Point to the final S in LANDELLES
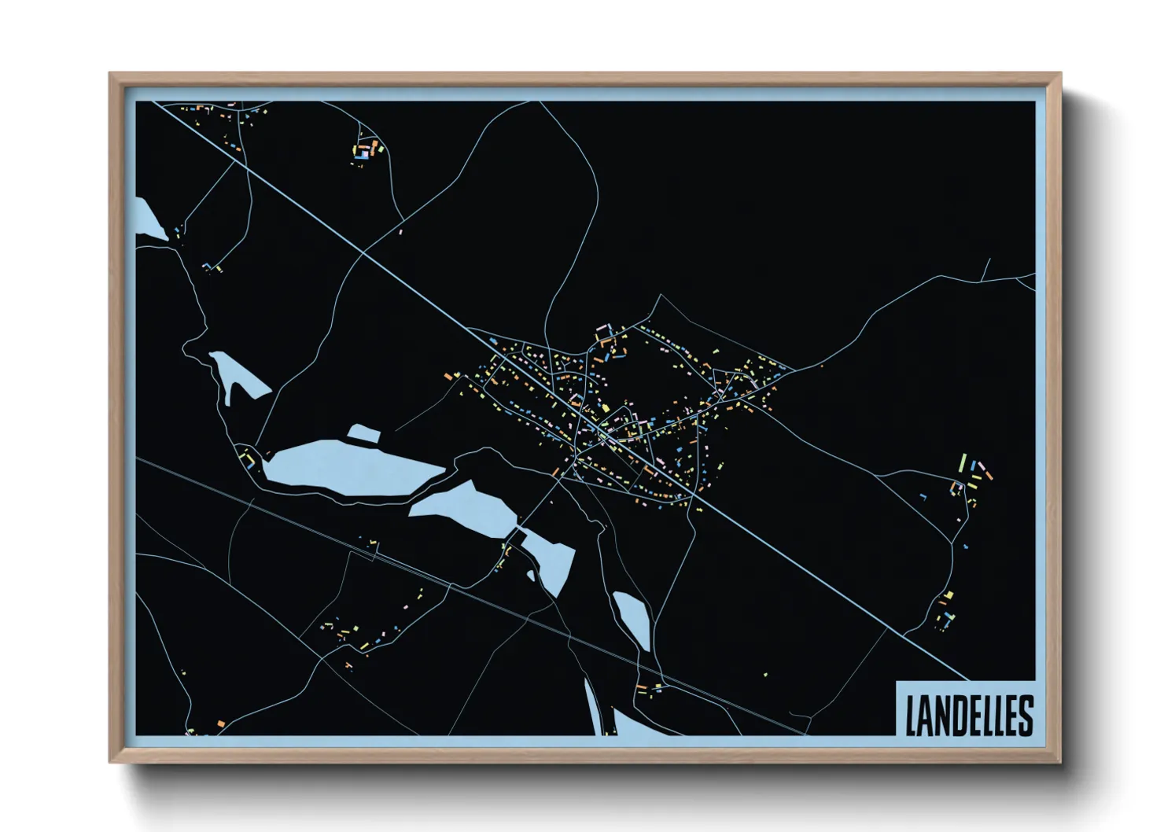pyautogui.click(x=1025, y=716)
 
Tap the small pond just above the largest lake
pyautogui.click(x=363, y=433)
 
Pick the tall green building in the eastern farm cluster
pyautogui.click(x=963, y=462)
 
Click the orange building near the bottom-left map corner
pyautogui.click(x=221, y=723)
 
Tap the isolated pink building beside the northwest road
pyautogui.click(x=403, y=232)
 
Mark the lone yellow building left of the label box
pyautogui.click(x=765, y=674)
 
